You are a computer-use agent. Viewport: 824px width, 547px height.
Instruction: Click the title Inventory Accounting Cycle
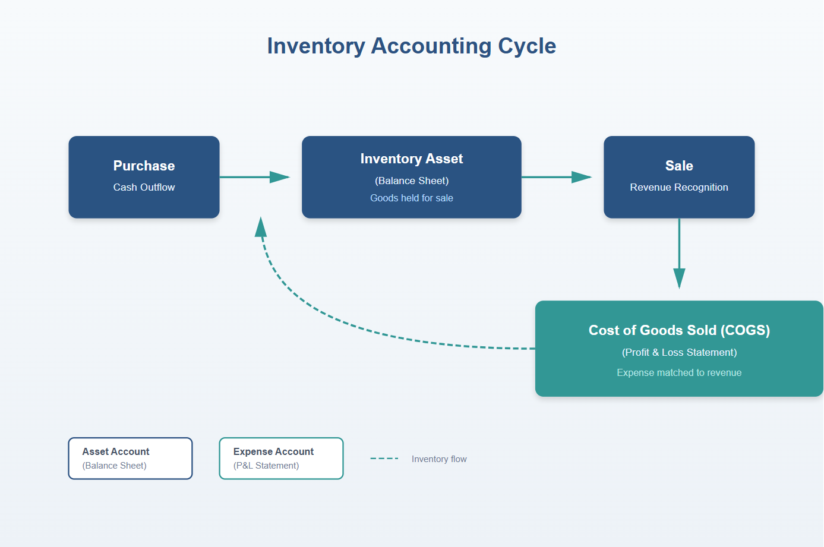point(411,46)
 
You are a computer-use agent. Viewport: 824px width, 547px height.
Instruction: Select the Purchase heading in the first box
point(144,166)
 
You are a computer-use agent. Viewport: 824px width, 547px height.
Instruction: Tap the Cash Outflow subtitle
point(144,187)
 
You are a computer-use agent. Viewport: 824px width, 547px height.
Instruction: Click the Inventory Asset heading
point(411,159)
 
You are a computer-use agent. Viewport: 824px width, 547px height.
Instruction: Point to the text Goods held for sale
point(411,198)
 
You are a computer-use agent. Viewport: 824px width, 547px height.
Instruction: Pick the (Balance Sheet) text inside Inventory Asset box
point(411,181)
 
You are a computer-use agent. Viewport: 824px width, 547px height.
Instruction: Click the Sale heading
point(679,166)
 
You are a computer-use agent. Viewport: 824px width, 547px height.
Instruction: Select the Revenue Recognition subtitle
point(679,187)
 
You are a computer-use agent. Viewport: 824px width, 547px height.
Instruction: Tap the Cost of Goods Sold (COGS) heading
point(679,330)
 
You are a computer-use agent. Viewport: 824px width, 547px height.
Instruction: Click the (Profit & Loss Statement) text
point(679,352)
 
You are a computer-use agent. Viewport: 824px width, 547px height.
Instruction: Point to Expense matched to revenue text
point(679,372)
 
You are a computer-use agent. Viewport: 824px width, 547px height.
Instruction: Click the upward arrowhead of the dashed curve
point(260,227)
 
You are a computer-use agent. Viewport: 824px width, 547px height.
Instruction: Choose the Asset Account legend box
point(130,459)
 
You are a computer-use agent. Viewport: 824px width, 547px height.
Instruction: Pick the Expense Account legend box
point(281,459)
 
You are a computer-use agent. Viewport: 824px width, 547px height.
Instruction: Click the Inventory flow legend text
point(439,459)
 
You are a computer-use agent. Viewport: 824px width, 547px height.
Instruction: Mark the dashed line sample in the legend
point(384,459)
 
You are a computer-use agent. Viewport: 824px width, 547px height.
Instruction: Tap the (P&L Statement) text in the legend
point(266,466)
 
